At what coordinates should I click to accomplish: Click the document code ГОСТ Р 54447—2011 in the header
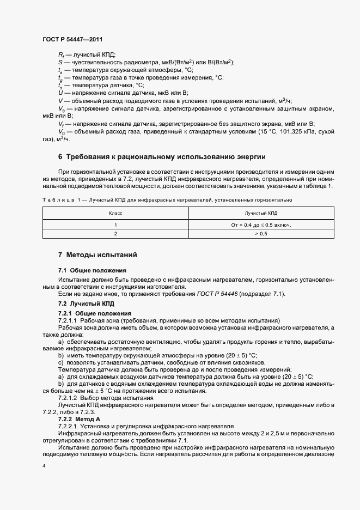point(72,39)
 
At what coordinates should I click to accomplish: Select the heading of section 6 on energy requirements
point(162,157)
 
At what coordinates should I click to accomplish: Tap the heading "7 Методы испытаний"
point(97,255)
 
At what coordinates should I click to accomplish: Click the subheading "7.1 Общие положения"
point(92,270)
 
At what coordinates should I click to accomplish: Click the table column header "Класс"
point(115,214)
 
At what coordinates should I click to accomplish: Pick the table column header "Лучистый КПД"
point(261,214)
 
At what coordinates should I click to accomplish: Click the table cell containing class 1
point(115,224)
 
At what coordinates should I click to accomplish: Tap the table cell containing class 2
point(115,234)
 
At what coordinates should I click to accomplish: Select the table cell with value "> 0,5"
point(261,234)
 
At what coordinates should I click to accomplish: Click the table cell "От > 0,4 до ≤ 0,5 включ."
point(261,224)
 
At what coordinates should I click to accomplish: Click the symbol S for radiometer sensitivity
point(60,62)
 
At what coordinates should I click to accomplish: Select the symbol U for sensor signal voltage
point(60,93)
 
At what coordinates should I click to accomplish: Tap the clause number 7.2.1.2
point(69,399)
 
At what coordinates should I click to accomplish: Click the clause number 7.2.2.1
point(69,428)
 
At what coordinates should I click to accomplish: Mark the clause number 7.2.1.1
point(69,320)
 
